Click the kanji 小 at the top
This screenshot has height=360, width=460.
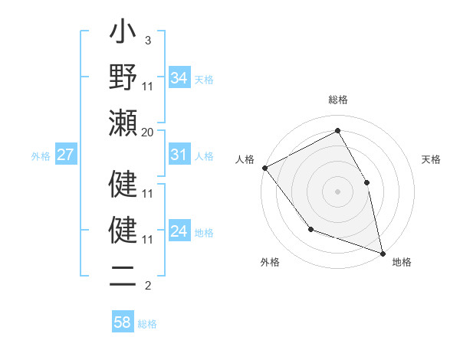tap(123, 35)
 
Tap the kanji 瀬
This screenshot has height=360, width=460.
tap(123, 122)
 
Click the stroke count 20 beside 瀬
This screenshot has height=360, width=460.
tap(148, 132)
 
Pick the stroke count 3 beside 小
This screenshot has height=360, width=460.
tap(147, 40)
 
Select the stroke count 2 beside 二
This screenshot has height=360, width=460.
tap(147, 286)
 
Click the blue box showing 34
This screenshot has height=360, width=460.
tap(179, 77)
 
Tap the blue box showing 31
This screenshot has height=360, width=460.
tap(179, 155)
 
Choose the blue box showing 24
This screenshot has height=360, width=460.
tap(179, 231)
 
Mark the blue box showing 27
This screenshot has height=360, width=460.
tap(65, 155)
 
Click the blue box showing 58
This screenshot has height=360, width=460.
tap(123, 322)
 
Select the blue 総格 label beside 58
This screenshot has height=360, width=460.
tap(148, 324)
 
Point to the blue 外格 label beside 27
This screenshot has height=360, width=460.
tap(41, 156)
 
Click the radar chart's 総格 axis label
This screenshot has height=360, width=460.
tap(338, 100)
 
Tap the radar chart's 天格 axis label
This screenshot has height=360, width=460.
tap(432, 159)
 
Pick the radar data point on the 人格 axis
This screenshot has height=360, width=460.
tap(264, 167)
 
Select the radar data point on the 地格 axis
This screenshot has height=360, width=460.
tap(382, 252)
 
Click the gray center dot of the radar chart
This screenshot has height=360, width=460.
tap(337, 191)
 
